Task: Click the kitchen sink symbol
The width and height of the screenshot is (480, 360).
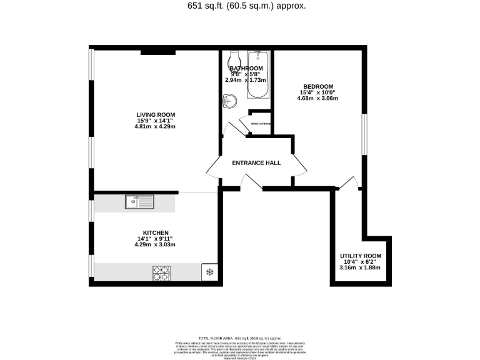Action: point(139,201)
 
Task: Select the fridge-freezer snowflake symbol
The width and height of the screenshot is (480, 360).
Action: point(209,272)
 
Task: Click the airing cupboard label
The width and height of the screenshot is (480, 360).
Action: point(261,124)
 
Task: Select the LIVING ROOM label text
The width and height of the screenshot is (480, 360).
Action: point(156,114)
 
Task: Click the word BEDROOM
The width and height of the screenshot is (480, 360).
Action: point(318,87)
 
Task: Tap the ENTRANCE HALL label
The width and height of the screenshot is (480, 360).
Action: point(256,163)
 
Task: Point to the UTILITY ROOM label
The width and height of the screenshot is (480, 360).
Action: point(360,256)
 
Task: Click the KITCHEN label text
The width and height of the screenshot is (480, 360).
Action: point(156,232)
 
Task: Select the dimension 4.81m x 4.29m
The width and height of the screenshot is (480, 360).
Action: point(156,126)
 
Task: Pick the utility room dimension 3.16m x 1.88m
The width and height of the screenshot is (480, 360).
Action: point(360,267)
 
